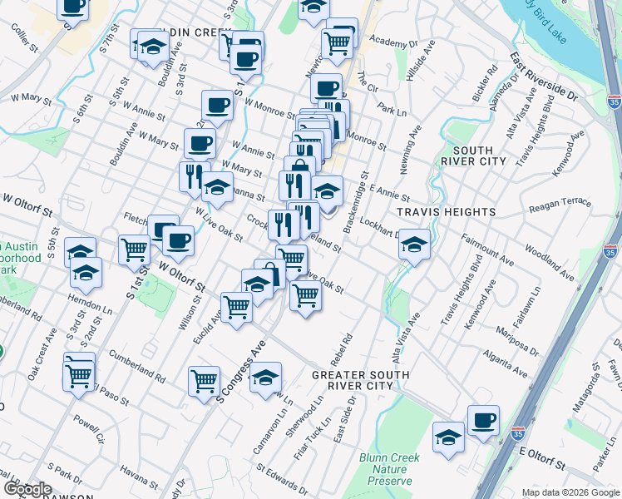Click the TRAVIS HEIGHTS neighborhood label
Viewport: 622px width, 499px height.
447,212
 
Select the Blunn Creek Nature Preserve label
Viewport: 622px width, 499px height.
389,469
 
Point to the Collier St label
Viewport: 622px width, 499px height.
26,38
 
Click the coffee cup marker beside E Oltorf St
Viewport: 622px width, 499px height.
483,420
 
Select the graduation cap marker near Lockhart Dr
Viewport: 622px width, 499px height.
414,245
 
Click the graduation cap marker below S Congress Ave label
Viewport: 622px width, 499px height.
265,378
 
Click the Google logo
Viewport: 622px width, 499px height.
27,489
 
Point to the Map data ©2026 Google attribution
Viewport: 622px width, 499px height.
569,492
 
